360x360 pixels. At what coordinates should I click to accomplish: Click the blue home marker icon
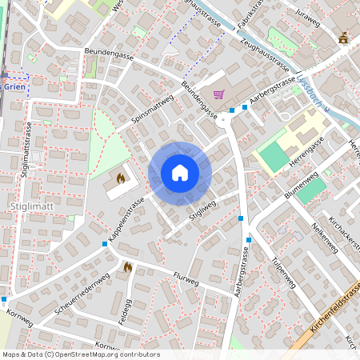180,173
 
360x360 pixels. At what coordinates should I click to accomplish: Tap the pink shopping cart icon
218,94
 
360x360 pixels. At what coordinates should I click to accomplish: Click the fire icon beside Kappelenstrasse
121,178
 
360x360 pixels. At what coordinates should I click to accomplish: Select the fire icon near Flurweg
127,266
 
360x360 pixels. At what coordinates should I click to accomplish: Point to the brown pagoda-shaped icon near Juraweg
344,37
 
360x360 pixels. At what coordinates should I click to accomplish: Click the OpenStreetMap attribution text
80,354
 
